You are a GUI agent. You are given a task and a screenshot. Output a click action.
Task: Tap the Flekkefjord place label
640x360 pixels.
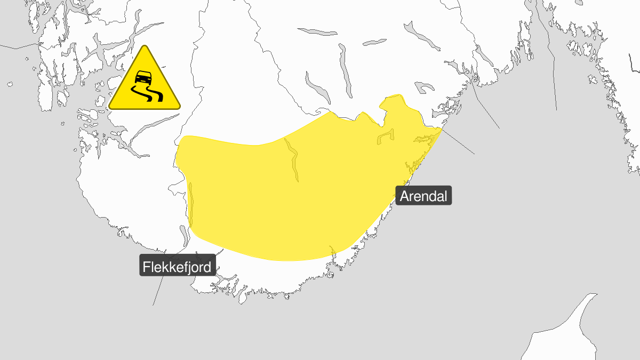click(177, 266)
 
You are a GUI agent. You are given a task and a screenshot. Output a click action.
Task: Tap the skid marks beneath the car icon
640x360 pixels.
click(146, 95)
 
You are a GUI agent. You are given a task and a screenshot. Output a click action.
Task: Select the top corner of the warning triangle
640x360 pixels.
click(144, 47)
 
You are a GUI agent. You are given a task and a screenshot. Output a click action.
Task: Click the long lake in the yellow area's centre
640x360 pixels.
click(293, 160)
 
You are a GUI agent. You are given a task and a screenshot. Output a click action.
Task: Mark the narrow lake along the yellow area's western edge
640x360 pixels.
click(191, 205)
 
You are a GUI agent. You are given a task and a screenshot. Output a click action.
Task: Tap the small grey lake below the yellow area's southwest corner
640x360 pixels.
click(184, 234)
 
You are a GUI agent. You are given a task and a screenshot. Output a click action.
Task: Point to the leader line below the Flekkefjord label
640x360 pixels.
click(158, 291)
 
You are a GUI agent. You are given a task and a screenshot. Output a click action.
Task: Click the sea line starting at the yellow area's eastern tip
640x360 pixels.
click(459, 142)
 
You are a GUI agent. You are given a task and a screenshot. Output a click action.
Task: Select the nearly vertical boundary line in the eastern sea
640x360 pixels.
click(552, 64)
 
